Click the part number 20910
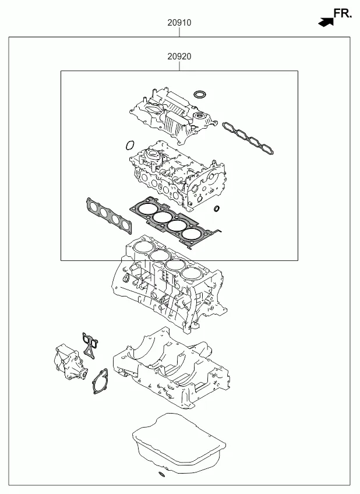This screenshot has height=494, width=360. coord(179,23)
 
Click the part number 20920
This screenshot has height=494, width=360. coord(179,57)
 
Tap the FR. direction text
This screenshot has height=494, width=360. coord(343,13)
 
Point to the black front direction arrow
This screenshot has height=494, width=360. coord(326,22)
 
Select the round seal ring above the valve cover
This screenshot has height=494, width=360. coord(199,94)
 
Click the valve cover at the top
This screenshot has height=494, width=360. coord(173,115)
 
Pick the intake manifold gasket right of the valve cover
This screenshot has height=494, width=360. coord(248,139)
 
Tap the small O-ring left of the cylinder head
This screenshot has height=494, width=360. coord(129,145)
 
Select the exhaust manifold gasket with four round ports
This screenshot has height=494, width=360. coord(109,216)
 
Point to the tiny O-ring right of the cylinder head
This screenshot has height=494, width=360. coord(217,209)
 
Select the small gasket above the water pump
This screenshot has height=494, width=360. coord(89,345)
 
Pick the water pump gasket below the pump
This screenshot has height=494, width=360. coord(100,381)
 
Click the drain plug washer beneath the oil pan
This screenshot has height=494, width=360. coord(162,474)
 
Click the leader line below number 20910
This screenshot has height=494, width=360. coord(179,32)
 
